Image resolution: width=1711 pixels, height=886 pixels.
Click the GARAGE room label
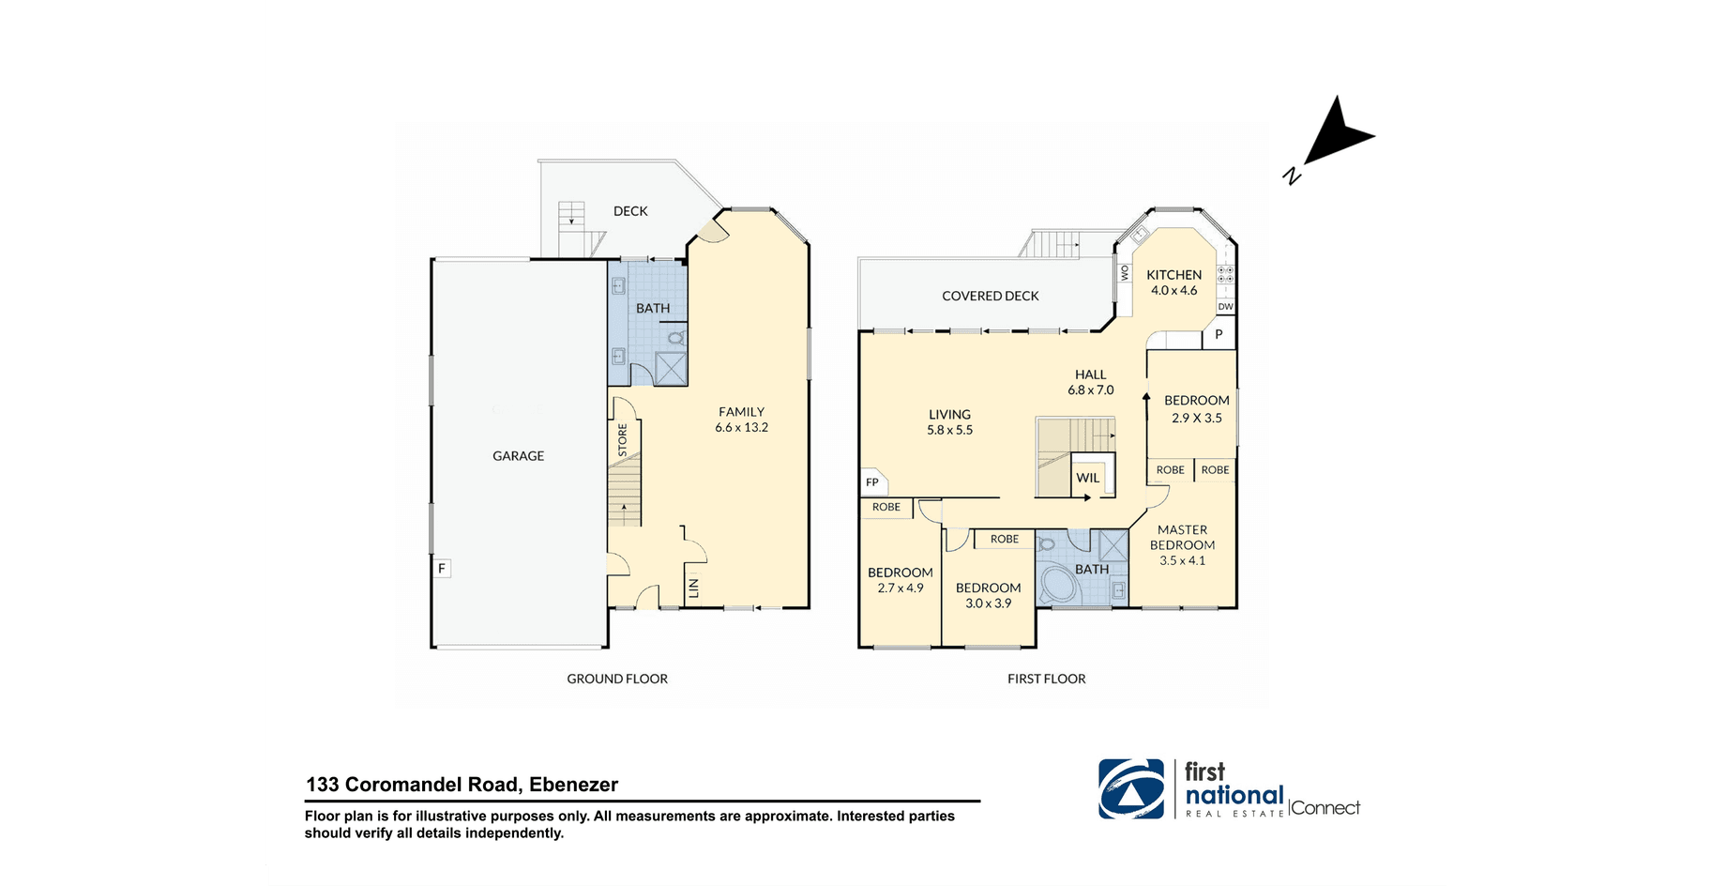[518, 456]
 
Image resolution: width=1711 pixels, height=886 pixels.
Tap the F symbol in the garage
[442, 568]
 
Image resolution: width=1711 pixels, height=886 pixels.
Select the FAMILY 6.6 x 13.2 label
[741, 420]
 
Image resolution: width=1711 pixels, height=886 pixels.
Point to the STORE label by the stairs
[622, 440]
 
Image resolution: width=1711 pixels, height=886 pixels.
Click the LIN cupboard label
[694, 588]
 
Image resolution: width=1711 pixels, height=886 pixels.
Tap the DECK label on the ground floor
[630, 211]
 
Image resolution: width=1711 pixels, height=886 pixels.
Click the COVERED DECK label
[991, 296]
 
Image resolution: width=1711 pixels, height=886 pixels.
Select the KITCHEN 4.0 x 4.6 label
[1173, 283]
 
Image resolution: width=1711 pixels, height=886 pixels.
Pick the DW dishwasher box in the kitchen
[1225, 307]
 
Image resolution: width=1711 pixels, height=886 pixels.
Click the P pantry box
[1219, 334]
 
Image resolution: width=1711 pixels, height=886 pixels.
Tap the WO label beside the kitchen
[1125, 272]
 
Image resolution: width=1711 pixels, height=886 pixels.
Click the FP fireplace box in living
[873, 482]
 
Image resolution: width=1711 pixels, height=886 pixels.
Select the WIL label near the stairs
[1088, 478]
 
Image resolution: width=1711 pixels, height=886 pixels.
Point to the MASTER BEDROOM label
[1182, 538]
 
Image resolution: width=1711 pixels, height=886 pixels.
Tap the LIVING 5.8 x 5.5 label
[949, 422]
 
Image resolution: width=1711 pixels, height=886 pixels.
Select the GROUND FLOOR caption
[617, 679]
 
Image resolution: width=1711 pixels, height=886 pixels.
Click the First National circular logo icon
[1131, 789]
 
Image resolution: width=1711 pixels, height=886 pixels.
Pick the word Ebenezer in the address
[573, 785]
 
